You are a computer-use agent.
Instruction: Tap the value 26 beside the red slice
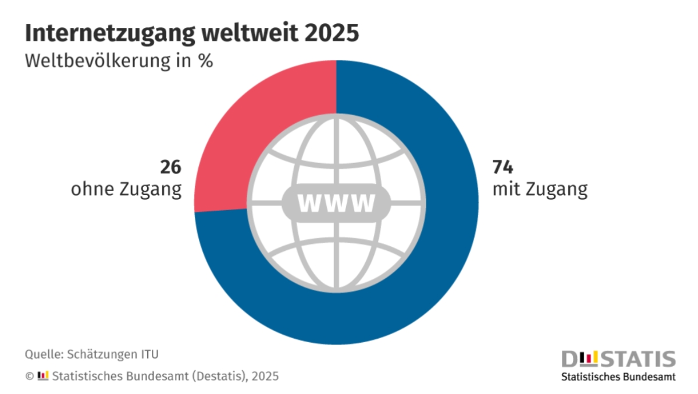click(x=170, y=168)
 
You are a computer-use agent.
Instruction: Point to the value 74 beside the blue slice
click(x=503, y=168)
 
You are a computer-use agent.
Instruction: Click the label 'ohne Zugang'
click(x=126, y=190)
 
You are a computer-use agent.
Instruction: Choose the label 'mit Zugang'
click(x=539, y=190)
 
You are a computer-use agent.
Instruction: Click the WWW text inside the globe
click(x=336, y=204)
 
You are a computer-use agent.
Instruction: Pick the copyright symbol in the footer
click(x=29, y=377)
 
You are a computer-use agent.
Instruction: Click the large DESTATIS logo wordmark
click(x=618, y=358)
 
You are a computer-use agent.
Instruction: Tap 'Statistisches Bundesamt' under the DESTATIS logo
click(x=618, y=377)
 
